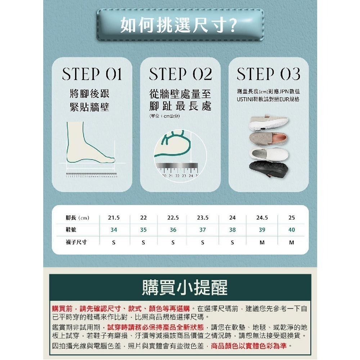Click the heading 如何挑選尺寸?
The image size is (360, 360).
tap(179, 26)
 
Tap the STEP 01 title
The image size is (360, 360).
tap(92, 75)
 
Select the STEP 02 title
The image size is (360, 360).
tap(180, 75)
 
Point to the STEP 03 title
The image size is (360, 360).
tap(269, 75)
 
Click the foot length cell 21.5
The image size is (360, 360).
tap(114, 218)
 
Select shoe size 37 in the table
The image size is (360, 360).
tap(203, 230)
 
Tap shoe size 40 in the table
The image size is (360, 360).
tap(292, 230)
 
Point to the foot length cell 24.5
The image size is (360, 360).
tap(262, 218)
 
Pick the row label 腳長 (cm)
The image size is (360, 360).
tap(77, 218)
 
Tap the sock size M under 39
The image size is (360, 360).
tap(262, 242)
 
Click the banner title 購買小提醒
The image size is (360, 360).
tap(180, 288)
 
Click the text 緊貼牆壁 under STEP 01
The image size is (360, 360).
tap(89, 107)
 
